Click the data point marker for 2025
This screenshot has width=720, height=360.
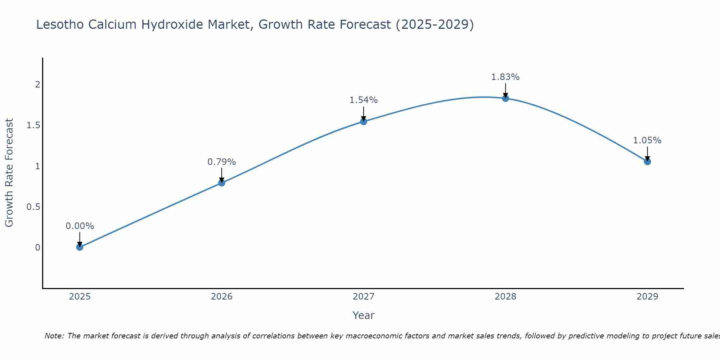tap(80, 247)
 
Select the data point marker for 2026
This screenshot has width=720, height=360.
tap(221, 183)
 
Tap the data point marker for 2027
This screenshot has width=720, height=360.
tap(364, 121)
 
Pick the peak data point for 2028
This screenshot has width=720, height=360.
tap(505, 98)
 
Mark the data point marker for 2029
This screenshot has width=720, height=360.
tap(647, 162)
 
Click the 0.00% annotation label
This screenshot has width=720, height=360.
tap(80, 226)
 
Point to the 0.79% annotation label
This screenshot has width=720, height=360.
tap(221, 162)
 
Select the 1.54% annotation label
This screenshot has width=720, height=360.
tap(364, 100)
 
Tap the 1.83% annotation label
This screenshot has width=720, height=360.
tap(505, 77)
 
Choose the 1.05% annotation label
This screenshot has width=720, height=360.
tap(647, 140)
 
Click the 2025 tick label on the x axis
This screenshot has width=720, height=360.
tap(80, 297)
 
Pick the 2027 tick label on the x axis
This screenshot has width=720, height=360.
tap(364, 297)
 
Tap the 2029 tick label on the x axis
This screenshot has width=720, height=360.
tap(647, 297)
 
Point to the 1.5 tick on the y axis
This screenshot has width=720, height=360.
tap(33, 125)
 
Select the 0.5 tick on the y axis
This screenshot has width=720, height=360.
tap(33, 207)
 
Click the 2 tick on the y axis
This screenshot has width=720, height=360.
tap(37, 85)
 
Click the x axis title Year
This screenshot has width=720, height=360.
tap(364, 315)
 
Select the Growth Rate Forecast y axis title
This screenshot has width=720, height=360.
tap(9, 173)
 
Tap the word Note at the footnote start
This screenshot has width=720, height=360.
tap(54, 336)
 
